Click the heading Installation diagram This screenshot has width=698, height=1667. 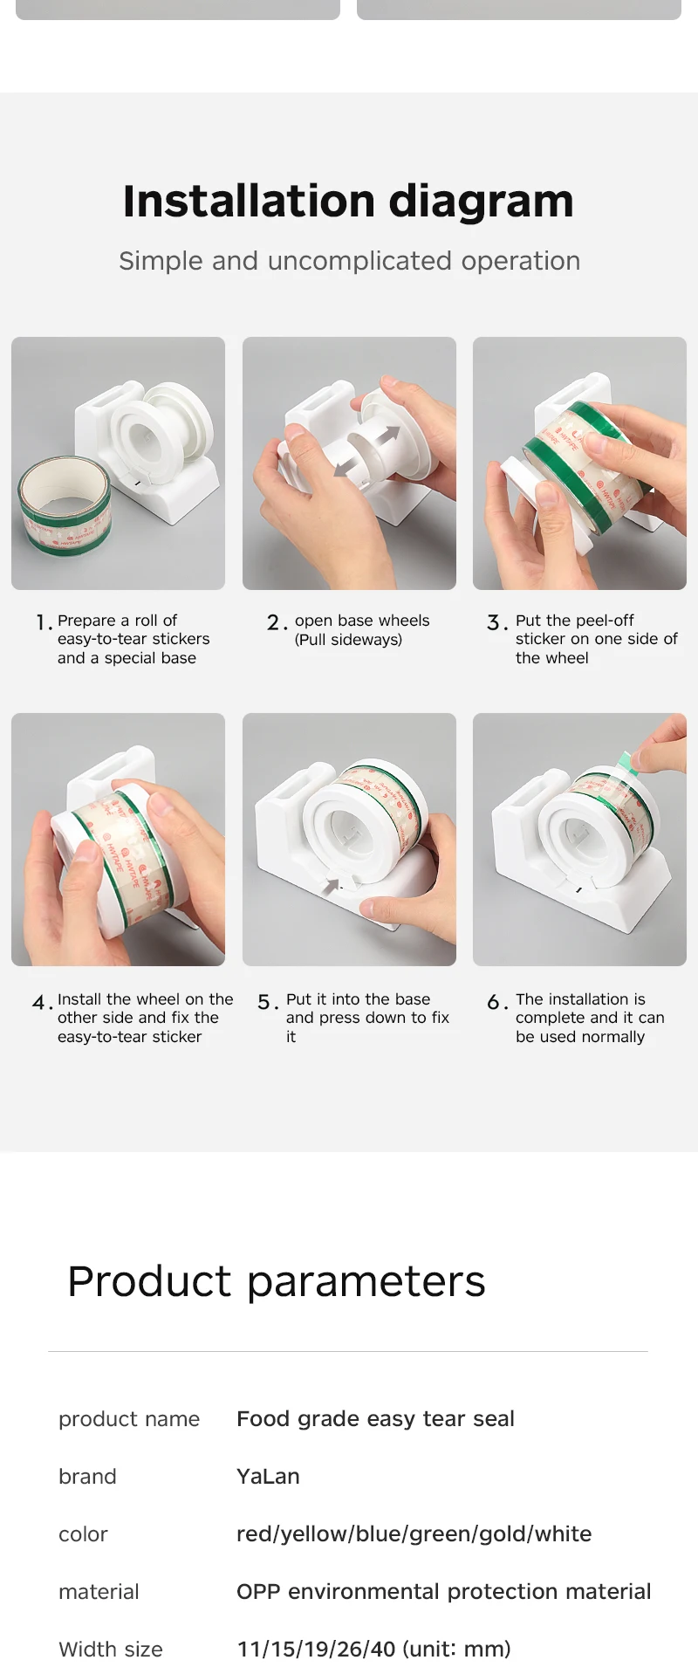pos(349,202)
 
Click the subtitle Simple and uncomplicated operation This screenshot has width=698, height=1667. pos(349,261)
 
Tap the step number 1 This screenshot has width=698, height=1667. pos(41,622)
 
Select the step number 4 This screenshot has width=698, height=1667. pos(39,1002)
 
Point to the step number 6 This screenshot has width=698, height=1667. pos(495,1002)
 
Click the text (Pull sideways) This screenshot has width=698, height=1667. pos(348,640)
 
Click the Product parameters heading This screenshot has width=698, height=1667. pos(277,1282)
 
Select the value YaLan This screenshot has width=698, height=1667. pos(268,1476)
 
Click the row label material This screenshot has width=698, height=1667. pos(99,1591)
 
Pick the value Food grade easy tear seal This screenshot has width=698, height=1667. pos(375,1419)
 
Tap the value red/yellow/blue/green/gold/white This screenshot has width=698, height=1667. pos(414,1533)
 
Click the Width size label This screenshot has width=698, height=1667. pos(111,1649)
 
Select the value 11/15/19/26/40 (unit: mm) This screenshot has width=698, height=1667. pos(373,1649)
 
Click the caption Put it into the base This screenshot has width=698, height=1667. pos(358,999)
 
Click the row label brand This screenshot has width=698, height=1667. pos(87,1476)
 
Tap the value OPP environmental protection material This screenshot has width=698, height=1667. pos(443,1591)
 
